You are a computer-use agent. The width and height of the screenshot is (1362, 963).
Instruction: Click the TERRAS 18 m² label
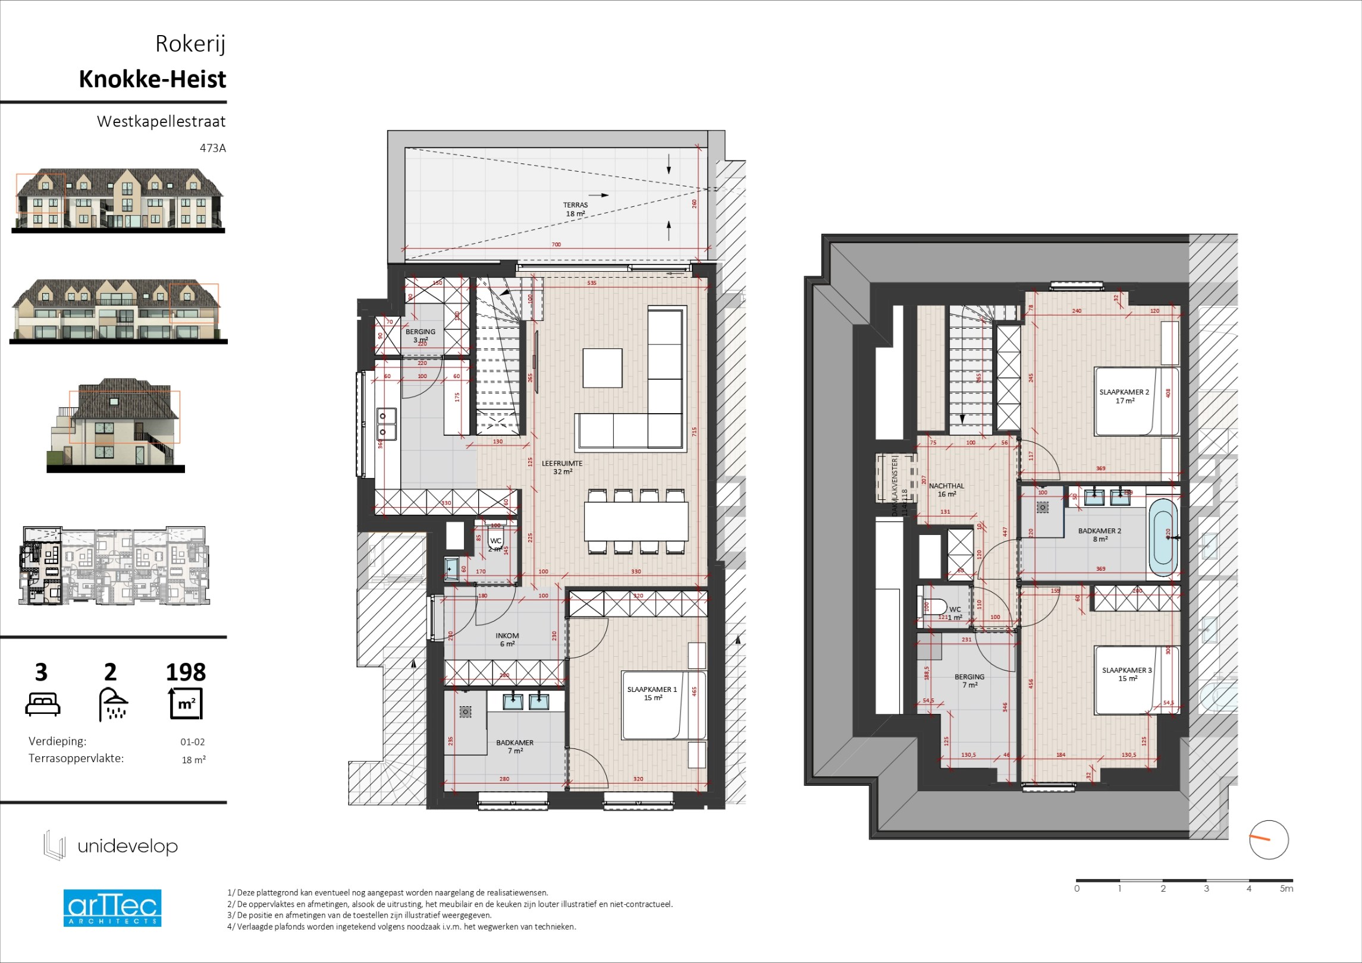coord(575,209)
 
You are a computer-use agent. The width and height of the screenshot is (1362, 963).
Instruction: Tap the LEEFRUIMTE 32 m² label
coord(562,467)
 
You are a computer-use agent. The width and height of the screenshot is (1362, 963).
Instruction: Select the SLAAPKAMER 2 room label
coord(1124,396)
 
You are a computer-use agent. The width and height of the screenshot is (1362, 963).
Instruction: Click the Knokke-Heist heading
coord(152,79)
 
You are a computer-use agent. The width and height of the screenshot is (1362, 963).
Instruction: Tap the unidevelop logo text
coord(127,846)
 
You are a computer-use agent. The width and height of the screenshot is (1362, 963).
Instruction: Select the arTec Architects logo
coord(112,908)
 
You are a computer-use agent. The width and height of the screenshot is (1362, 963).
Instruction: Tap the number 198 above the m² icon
coord(186,672)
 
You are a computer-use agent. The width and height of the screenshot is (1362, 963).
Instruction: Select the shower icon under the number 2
coord(113,704)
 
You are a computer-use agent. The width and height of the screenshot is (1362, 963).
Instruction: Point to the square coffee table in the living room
coord(602,368)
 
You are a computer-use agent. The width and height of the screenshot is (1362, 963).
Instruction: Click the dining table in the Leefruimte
coord(636,521)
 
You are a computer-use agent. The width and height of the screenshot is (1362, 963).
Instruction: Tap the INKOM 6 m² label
coord(507,640)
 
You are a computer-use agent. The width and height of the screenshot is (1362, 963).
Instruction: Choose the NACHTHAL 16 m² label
coord(946,490)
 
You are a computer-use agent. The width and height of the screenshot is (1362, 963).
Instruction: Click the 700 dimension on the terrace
coord(556,244)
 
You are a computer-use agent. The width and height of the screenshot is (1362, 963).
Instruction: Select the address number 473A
coord(212,148)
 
